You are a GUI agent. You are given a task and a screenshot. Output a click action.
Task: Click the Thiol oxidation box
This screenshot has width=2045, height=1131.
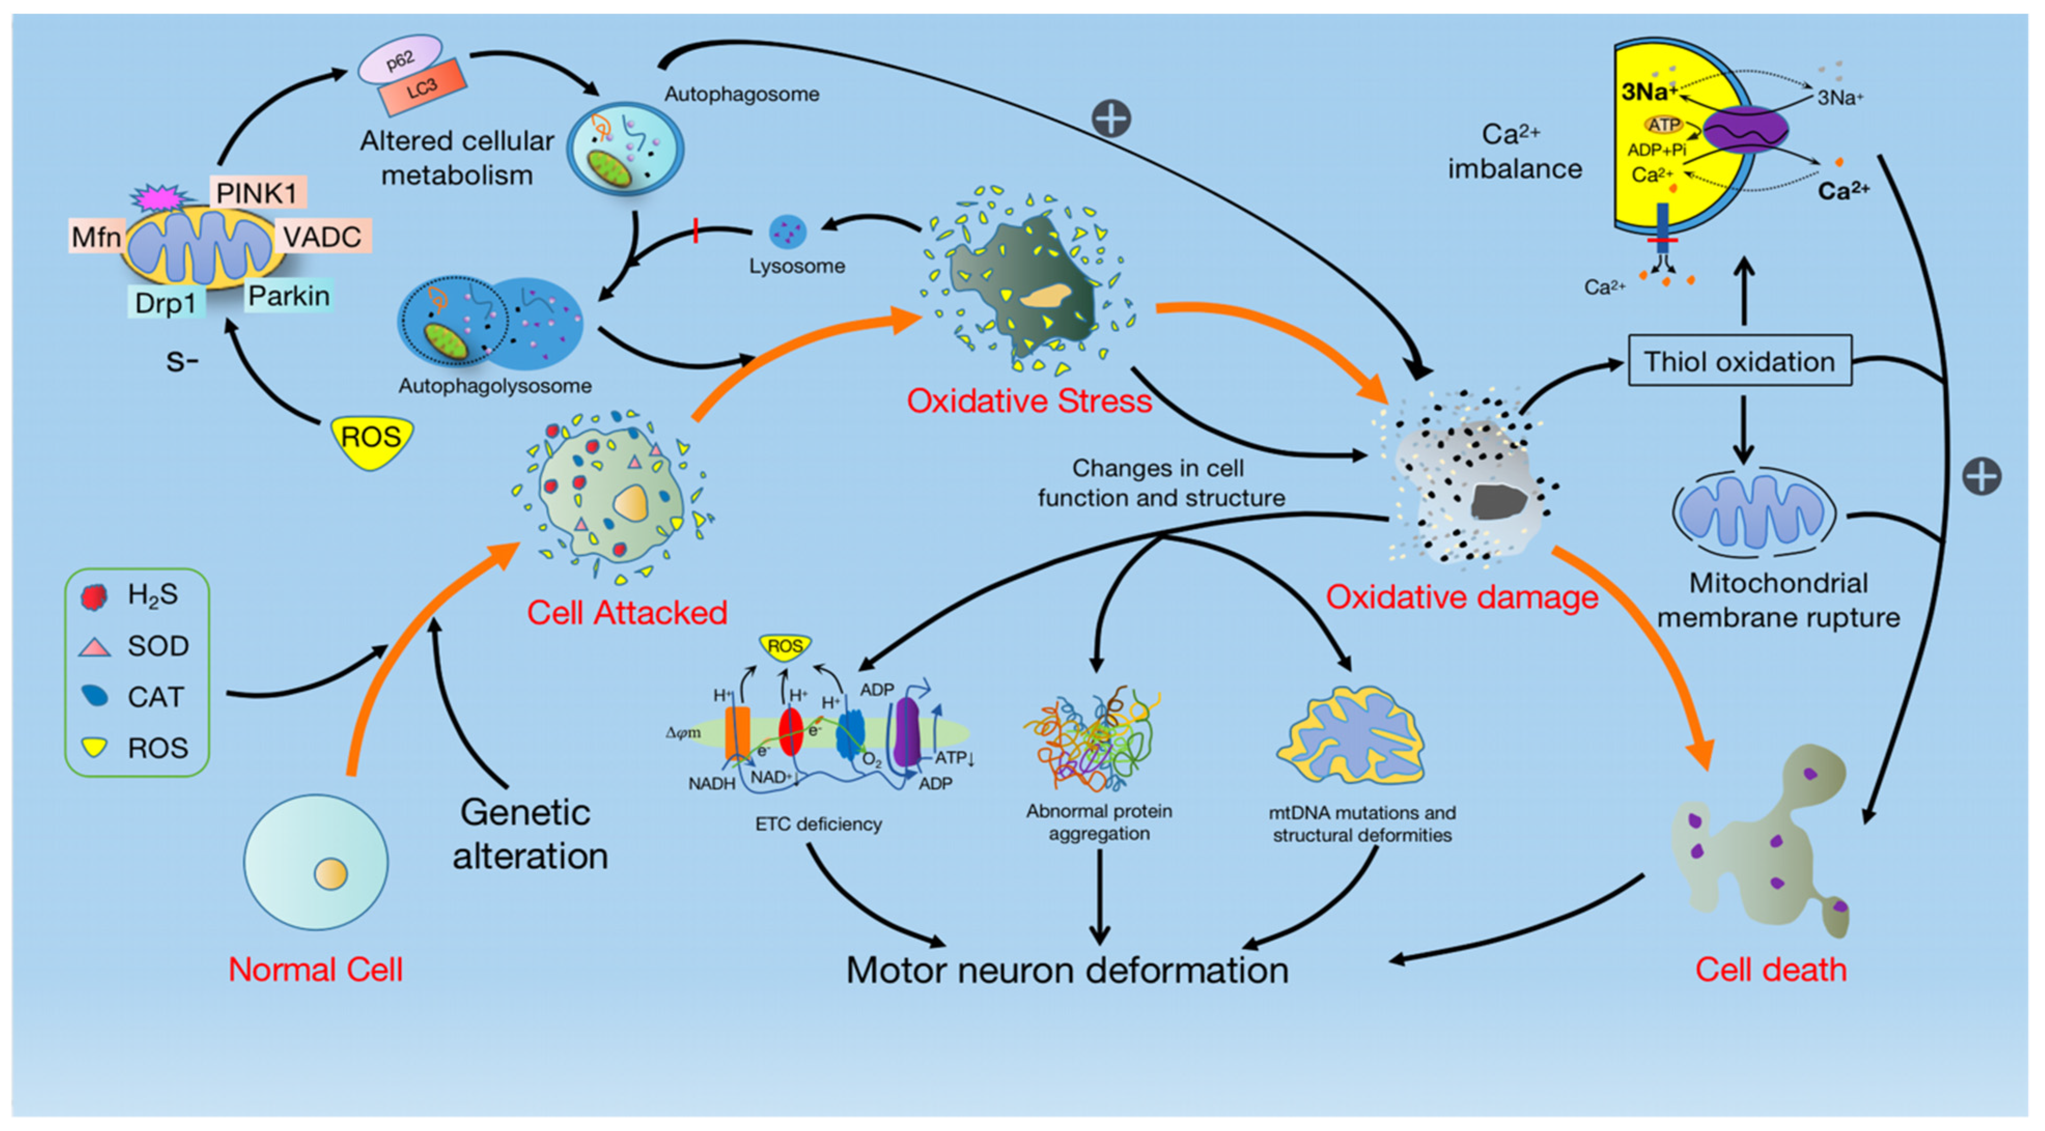[x=1740, y=361]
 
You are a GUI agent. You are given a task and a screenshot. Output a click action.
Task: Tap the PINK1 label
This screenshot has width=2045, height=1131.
[x=257, y=193]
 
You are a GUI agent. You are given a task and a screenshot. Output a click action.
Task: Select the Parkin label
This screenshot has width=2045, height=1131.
[x=288, y=295]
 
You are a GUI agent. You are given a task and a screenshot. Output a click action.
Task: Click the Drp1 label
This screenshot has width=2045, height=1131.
[x=166, y=302]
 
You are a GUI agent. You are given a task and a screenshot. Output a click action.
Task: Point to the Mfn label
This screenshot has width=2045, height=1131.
[x=96, y=236]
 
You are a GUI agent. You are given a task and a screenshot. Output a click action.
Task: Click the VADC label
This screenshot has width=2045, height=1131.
[x=323, y=236]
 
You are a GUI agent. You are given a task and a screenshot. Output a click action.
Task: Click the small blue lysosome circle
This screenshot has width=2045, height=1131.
[x=788, y=232]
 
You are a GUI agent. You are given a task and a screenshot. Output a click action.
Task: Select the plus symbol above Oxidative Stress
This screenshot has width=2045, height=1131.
[x=1111, y=119]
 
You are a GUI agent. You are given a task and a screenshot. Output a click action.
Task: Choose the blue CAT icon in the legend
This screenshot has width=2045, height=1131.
[x=95, y=696]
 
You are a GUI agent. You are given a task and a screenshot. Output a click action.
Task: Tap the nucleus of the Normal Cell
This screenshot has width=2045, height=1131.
[x=331, y=874]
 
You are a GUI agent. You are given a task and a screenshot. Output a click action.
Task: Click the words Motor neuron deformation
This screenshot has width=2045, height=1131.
[x=1067, y=970]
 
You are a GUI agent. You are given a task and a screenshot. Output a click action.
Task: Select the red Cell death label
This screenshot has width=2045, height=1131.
[x=1771, y=969]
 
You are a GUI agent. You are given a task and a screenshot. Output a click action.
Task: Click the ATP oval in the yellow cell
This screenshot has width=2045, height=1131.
[x=1663, y=124]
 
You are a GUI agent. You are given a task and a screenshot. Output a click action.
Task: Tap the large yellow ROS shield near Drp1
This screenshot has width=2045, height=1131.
[x=371, y=439]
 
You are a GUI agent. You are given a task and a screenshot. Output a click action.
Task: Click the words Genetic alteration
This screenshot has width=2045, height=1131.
[x=529, y=834]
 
